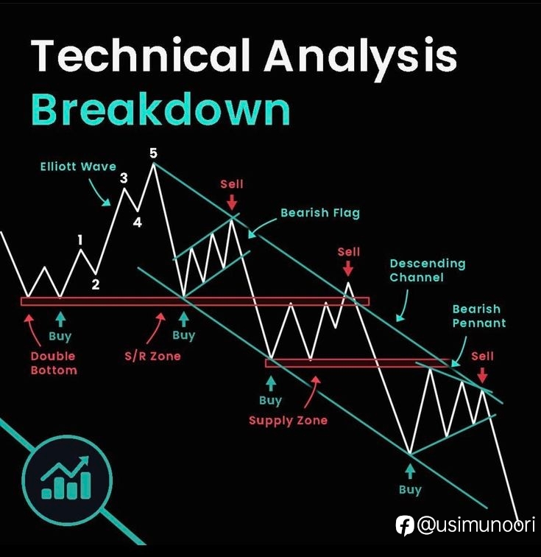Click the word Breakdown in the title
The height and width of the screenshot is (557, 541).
point(160,109)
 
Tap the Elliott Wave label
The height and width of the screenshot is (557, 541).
point(78,167)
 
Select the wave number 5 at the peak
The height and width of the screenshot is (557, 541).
point(153,153)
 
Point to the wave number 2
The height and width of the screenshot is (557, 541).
point(96,284)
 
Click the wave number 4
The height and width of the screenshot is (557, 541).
point(138,223)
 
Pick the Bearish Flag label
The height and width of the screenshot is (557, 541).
point(320,213)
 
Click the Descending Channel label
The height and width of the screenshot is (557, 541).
point(428,270)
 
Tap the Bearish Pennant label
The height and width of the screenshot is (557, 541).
point(479,316)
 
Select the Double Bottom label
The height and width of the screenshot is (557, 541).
point(54,363)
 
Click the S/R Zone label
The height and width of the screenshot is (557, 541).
point(152,356)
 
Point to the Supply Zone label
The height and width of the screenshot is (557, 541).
point(288,420)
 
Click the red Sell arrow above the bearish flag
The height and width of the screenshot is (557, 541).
point(232,202)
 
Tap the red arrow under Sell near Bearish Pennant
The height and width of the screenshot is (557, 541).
point(482,375)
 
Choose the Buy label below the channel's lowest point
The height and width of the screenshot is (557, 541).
point(410,489)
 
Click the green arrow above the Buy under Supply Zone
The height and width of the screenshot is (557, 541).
point(271,384)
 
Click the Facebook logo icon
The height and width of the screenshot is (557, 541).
point(405,525)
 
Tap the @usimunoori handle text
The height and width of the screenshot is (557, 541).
point(476,525)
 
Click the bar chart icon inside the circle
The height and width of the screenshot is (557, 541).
point(66,477)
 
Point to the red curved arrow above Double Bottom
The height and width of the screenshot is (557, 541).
point(32,329)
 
